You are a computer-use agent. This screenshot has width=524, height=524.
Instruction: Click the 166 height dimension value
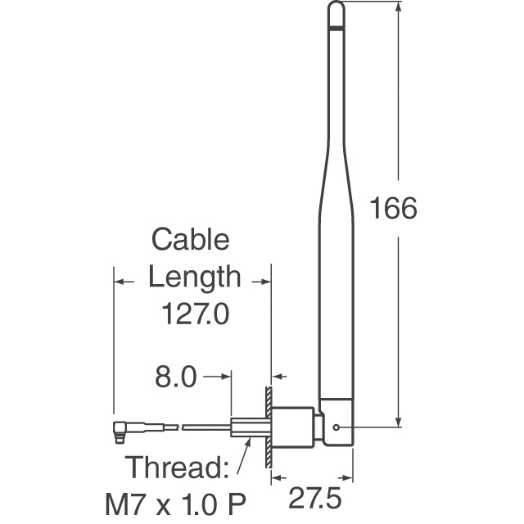[394, 208]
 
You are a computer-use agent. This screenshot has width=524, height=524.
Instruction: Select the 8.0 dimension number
[177, 377]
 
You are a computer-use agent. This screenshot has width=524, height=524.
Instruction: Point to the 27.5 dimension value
[314, 498]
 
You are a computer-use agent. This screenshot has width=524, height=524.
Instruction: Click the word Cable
[191, 241]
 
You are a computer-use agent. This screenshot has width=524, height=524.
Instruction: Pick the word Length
[195, 277]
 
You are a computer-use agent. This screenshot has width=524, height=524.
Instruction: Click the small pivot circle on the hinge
[338, 427]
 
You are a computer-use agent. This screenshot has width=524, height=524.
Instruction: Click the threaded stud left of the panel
[247, 427]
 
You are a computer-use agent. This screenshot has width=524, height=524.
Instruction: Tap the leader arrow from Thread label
[242, 455]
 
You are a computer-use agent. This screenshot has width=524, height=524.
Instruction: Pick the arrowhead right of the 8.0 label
[228, 377]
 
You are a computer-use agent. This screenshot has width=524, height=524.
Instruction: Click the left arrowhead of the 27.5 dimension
[276, 477]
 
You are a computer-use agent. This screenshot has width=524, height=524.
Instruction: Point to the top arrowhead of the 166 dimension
[399, 8]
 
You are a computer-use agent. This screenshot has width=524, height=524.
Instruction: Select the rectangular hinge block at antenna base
[336, 422]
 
